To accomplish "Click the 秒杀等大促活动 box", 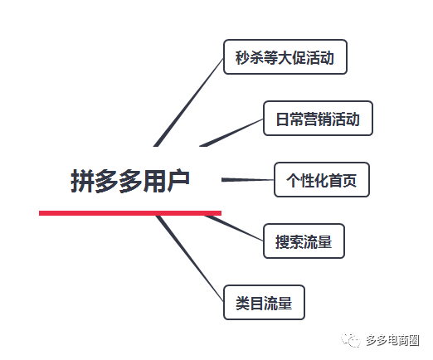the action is pyautogui.click(x=285, y=57).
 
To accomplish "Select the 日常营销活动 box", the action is pyautogui.click(x=318, y=119).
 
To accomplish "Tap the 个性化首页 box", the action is pyautogui.click(x=322, y=180).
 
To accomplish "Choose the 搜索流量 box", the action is pyautogui.click(x=304, y=241).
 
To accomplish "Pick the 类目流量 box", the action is pyautogui.click(x=264, y=303).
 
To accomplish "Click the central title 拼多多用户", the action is pyautogui.click(x=130, y=181).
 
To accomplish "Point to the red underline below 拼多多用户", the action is pyautogui.click(x=130, y=213).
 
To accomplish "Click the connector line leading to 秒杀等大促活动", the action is pyautogui.click(x=188, y=102).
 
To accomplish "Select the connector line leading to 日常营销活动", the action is pyautogui.click(x=231, y=133).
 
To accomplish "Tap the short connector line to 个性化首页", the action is pyautogui.click(x=248, y=180).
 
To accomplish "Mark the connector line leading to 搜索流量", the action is pyautogui.click(x=234, y=228).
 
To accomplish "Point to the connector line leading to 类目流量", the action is pyautogui.click(x=190, y=259).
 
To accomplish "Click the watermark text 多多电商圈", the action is pyautogui.click(x=392, y=340).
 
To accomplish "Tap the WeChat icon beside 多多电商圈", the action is pyautogui.click(x=351, y=339).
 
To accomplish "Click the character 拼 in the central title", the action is pyautogui.click(x=82, y=181).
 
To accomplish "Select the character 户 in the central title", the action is pyautogui.click(x=178, y=181).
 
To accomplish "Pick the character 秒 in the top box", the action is pyautogui.click(x=242, y=57).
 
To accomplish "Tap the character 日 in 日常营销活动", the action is pyautogui.click(x=283, y=119).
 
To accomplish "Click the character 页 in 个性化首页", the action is pyautogui.click(x=349, y=181).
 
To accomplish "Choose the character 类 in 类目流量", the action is pyautogui.click(x=242, y=303).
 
